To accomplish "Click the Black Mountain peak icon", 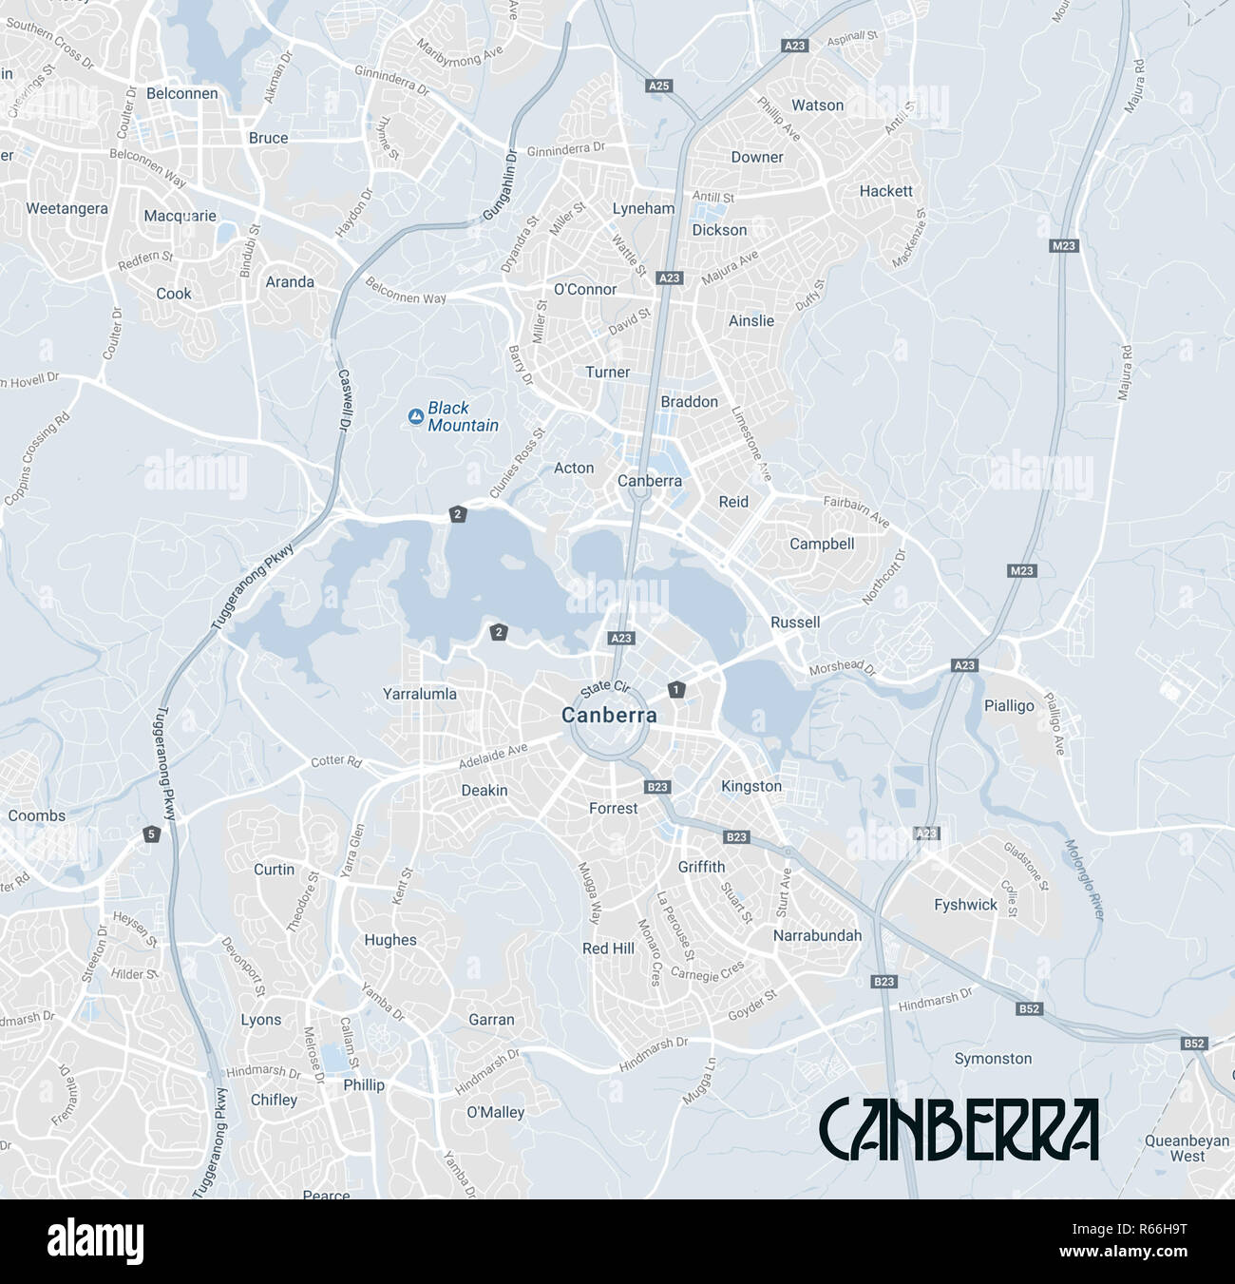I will [415, 416].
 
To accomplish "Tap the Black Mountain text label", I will [463, 416].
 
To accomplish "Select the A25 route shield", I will [658, 86].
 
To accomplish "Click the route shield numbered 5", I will [151, 834].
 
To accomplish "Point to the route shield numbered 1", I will [675, 689].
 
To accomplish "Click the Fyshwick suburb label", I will [965, 905].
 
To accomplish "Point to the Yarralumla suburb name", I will [419, 694].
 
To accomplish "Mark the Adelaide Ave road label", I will [492, 756].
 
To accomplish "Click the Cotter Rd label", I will [336, 762].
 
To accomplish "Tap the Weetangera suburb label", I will [66, 208].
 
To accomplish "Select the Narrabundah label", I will [817, 935].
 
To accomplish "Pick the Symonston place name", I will [993, 1058].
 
